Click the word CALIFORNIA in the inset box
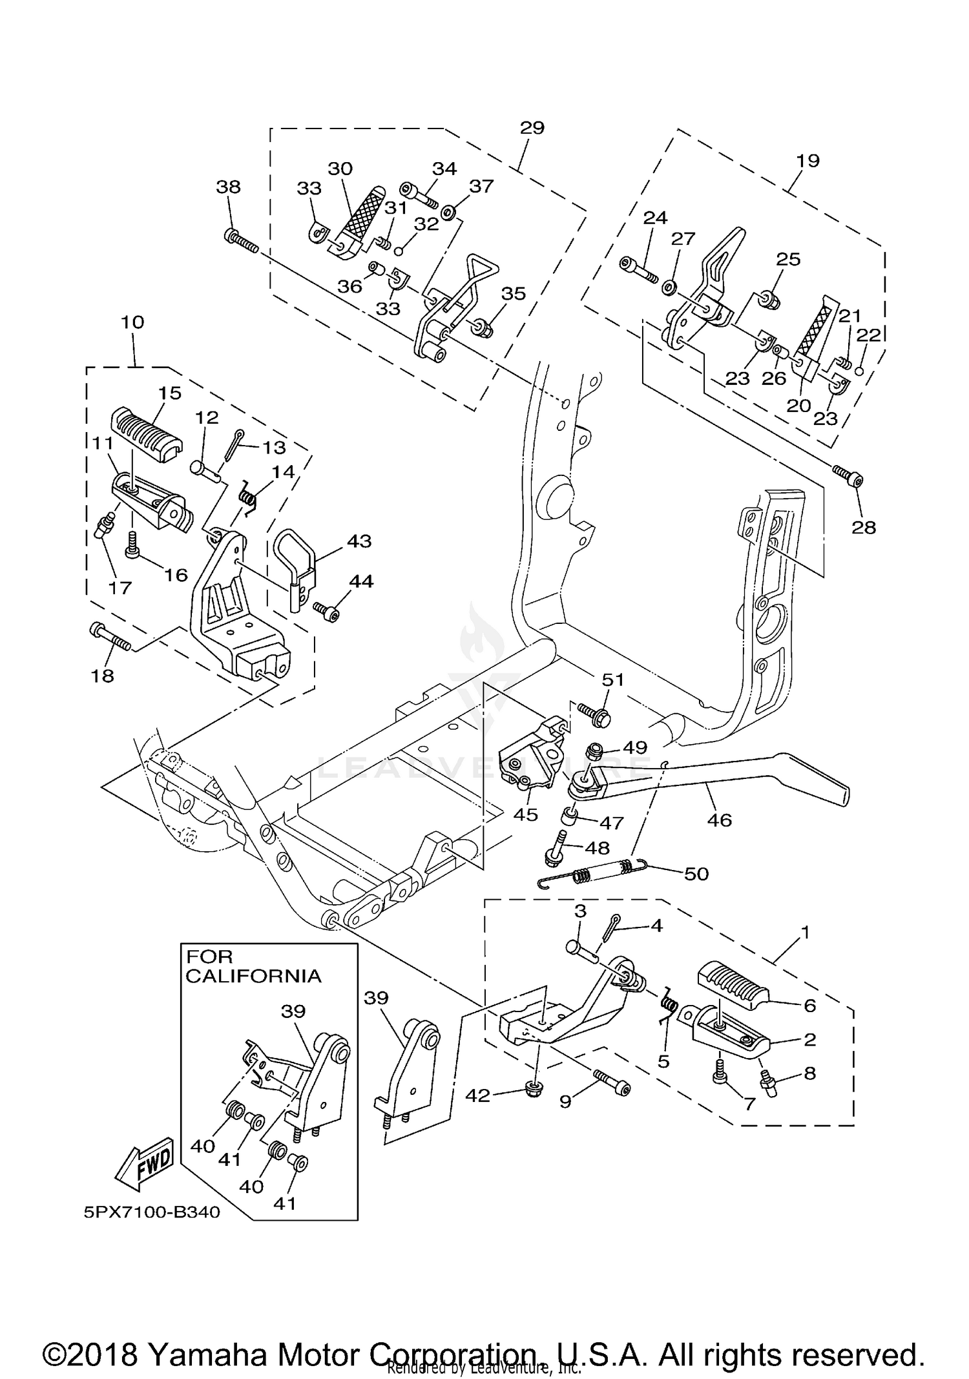[x=253, y=976]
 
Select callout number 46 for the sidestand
[x=719, y=820]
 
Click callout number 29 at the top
[x=532, y=127]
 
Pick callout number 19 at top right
[x=807, y=160]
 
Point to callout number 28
[x=864, y=528]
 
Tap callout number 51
[x=613, y=679]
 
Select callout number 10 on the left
[x=132, y=322]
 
